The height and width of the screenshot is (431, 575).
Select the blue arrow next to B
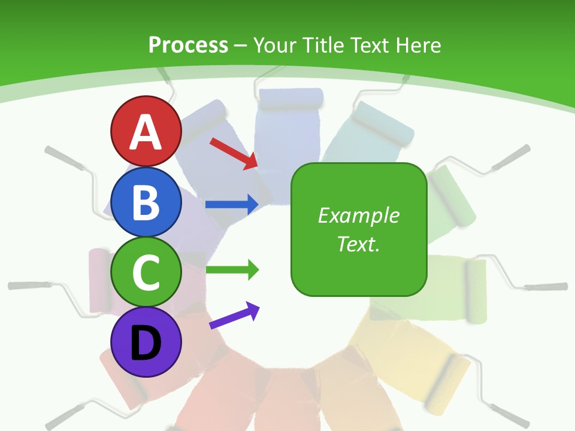click(x=232, y=205)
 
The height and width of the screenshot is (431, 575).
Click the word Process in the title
click(x=188, y=45)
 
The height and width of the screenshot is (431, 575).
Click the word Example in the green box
click(x=358, y=215)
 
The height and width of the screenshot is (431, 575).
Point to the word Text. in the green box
click(x=358, y=244)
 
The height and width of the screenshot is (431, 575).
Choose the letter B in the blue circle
click(x=146, y=202)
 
